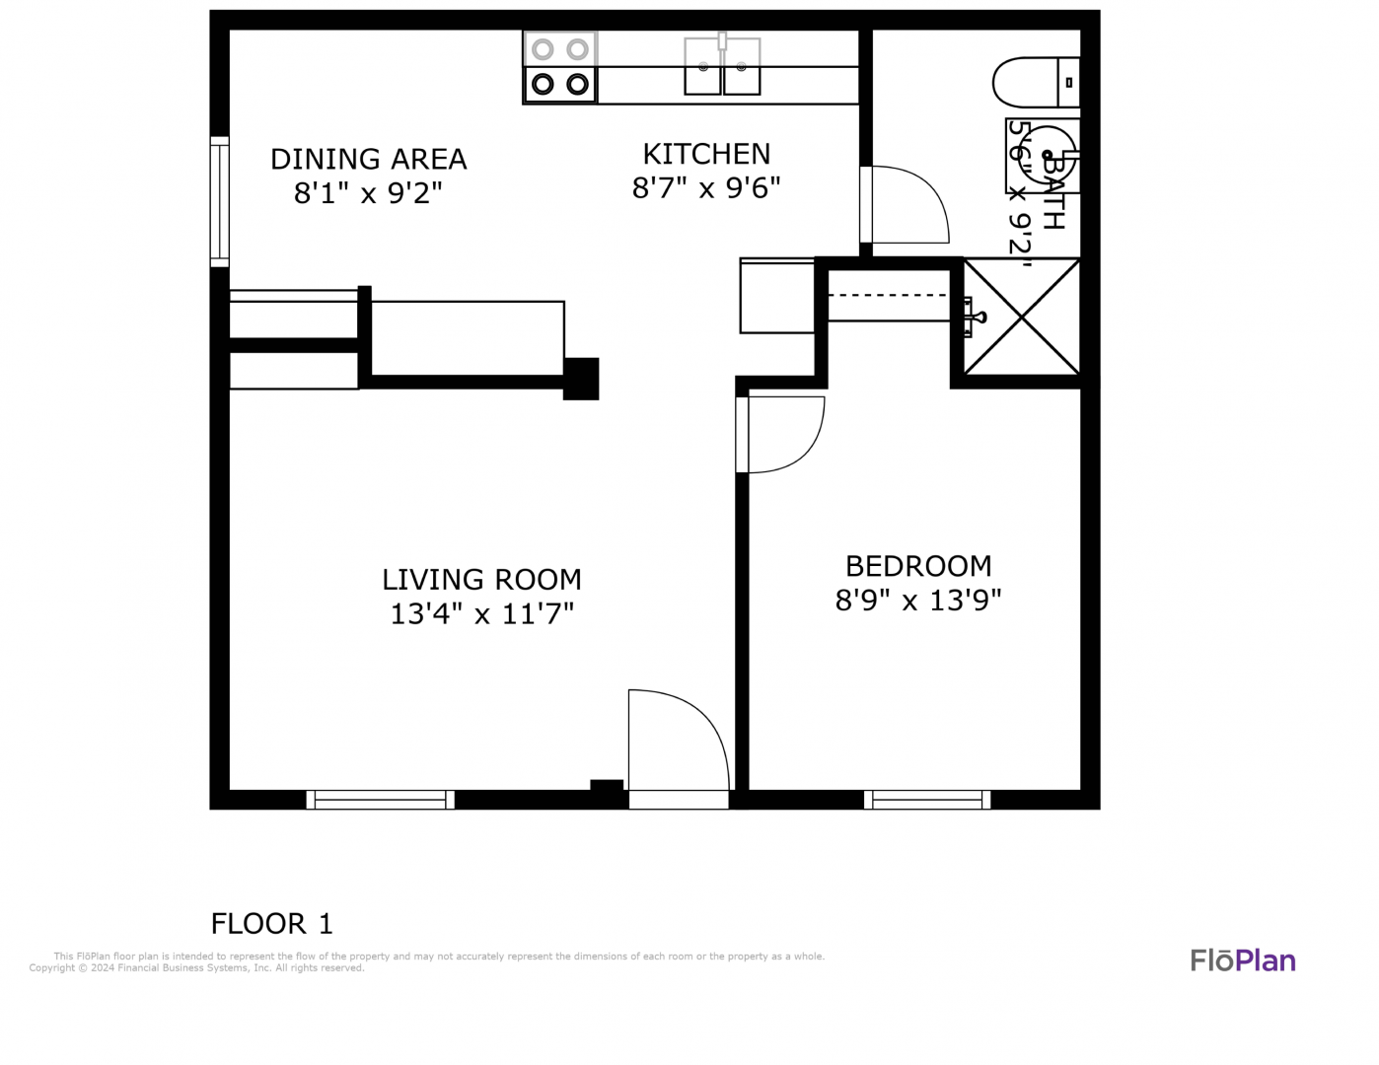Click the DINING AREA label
369,159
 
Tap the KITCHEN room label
706,154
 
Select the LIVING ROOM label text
481,580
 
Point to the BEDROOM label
918,566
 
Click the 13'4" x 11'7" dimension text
481,614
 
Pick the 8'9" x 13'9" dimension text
918,601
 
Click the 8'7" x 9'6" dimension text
706,187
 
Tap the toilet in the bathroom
1036,83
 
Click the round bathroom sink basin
1048,155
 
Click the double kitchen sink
722,66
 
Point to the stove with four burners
559,67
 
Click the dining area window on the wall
220,202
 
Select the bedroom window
927,800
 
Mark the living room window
380,800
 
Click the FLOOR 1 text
271,924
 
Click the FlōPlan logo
1243,961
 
